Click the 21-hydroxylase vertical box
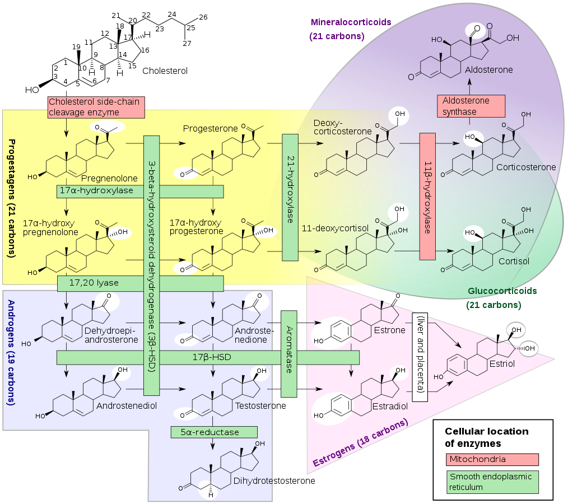click(x=290, y=197)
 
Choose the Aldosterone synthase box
click(x=471, y=106)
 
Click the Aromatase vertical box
click(x=288, y=354)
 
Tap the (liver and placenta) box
click(x=420, y=357)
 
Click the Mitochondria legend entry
click(x=492, y=459)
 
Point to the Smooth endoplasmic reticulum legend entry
click(x=492, y=482)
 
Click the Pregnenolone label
click(x=109, y=179)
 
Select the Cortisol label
click(x=510, y=261)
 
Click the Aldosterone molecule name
click(x=488, y=70)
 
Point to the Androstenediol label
click(x=126, y=405)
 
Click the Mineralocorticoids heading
click(x=350, y=22)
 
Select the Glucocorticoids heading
click(x=502, y=291)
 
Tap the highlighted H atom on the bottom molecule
click(x=211, y=494)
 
